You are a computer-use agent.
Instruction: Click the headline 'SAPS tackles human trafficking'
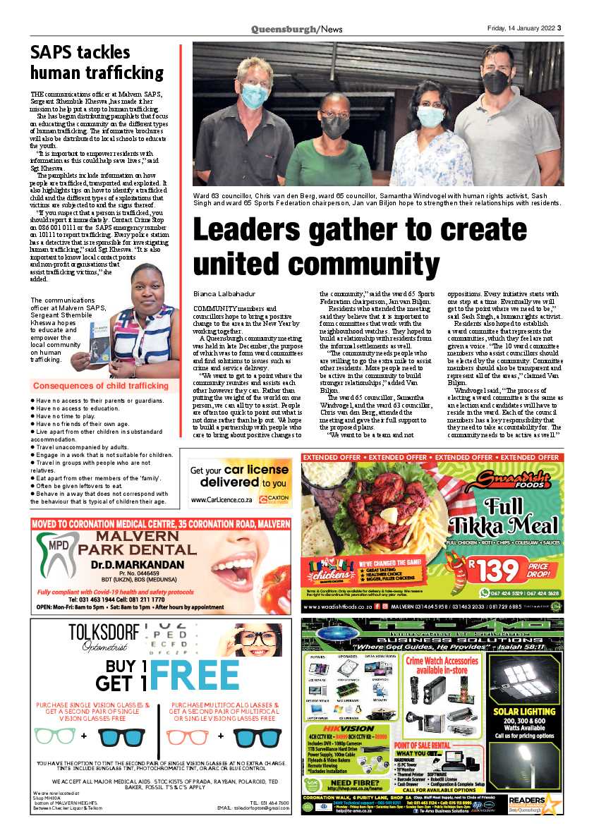click(97, 62)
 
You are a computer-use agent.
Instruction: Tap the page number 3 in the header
click(559, 29)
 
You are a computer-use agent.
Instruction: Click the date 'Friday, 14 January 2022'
click(520, 29)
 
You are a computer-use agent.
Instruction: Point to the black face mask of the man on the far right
click(496, 82)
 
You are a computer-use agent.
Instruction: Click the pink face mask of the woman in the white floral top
click(430, 116)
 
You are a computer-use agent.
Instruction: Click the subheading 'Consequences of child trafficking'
click(101, 386)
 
